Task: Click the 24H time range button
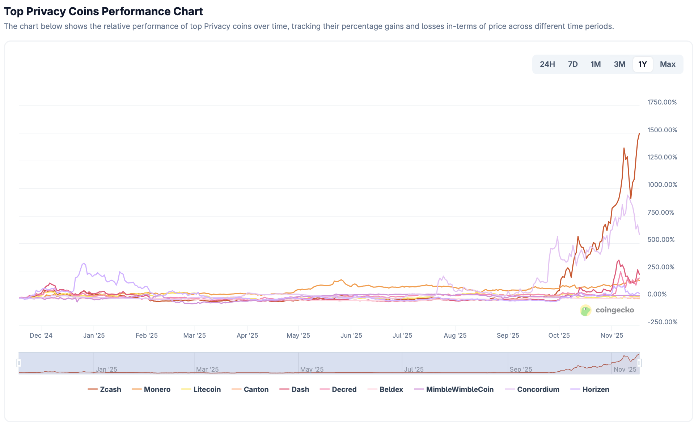pyautogui.click(x=547, y=64)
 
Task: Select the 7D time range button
pyautogui.click(x=572, y=64)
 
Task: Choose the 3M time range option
pyautogui.click(x=619, y=64)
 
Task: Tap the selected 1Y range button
pyautogui.click(x=642, y=64)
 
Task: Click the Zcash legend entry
pyautogui.click(x=104, y=389)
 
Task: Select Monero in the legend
pyautogui.click(x=151, y=389)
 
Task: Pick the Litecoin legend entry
pyautogui.click(x=201, y=389)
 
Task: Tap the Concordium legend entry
pyautogui.click(x=532, y=389)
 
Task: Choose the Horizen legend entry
pyautogui.click(x=590, y=389)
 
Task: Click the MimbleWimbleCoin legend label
pyautogui.click(x=454, y=389)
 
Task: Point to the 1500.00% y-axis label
pyautogui.click(x=662, y=130)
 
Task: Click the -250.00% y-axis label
pyautogui.click(x=662, y=322)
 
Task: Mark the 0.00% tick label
pyautogui.click(x=657, y=294)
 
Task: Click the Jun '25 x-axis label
pyautogui.click(x=351, y=336)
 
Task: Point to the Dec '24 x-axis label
pyautogui.click(x=41, y=336)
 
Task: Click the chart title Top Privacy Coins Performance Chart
pyautogui.click(x=103, y=12)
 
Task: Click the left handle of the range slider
pyautogui.click(x=19, y=363)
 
